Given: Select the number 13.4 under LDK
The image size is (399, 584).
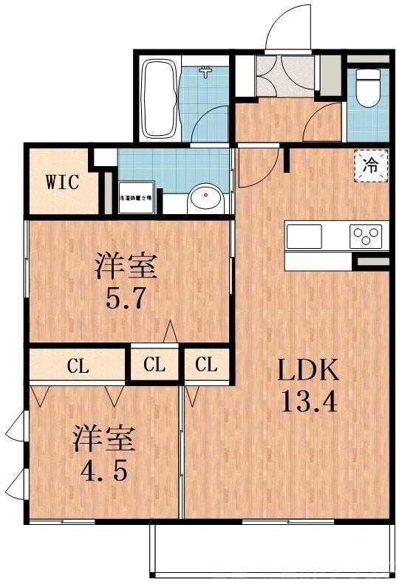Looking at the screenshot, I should coord(309,403).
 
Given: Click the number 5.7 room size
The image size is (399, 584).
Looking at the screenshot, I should coord(125,300).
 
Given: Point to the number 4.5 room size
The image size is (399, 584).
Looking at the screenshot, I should coord(103,470).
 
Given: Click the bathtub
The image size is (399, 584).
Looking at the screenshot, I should coord(157,98).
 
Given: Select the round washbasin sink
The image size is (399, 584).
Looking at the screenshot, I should coord(206,199).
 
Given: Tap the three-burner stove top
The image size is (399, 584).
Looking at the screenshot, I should coord(367,237).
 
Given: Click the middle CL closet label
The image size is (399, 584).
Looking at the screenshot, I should coord(154,364).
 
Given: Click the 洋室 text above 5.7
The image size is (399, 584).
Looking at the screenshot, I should coord(126,266).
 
